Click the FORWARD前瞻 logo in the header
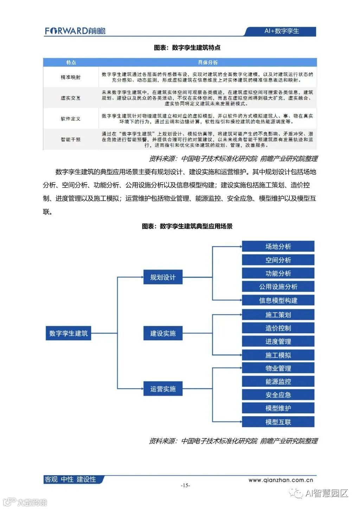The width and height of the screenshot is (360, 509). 75,31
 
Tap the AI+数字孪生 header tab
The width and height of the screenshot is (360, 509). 281,31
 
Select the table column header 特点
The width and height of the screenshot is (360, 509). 71,63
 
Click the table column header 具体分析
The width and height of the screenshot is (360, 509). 207,63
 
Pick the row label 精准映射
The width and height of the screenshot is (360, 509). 71,77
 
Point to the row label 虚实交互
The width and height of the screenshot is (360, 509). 71,98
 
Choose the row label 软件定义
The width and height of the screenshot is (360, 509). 71,119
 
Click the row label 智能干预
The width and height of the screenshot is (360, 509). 71,140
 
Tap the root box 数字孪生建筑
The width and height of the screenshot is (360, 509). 68,333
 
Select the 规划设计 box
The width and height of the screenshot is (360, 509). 163,277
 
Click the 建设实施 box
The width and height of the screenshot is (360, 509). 163,333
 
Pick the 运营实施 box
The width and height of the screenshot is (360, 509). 163,389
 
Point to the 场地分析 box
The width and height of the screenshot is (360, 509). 278,246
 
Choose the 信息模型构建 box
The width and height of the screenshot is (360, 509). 278,300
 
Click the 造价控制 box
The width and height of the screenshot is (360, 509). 278,328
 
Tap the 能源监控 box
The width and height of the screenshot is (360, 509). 278,382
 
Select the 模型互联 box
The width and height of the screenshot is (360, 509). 278,422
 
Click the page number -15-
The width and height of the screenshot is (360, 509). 185,485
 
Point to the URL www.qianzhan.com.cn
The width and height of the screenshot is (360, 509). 281,480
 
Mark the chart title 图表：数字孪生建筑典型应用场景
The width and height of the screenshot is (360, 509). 187,226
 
